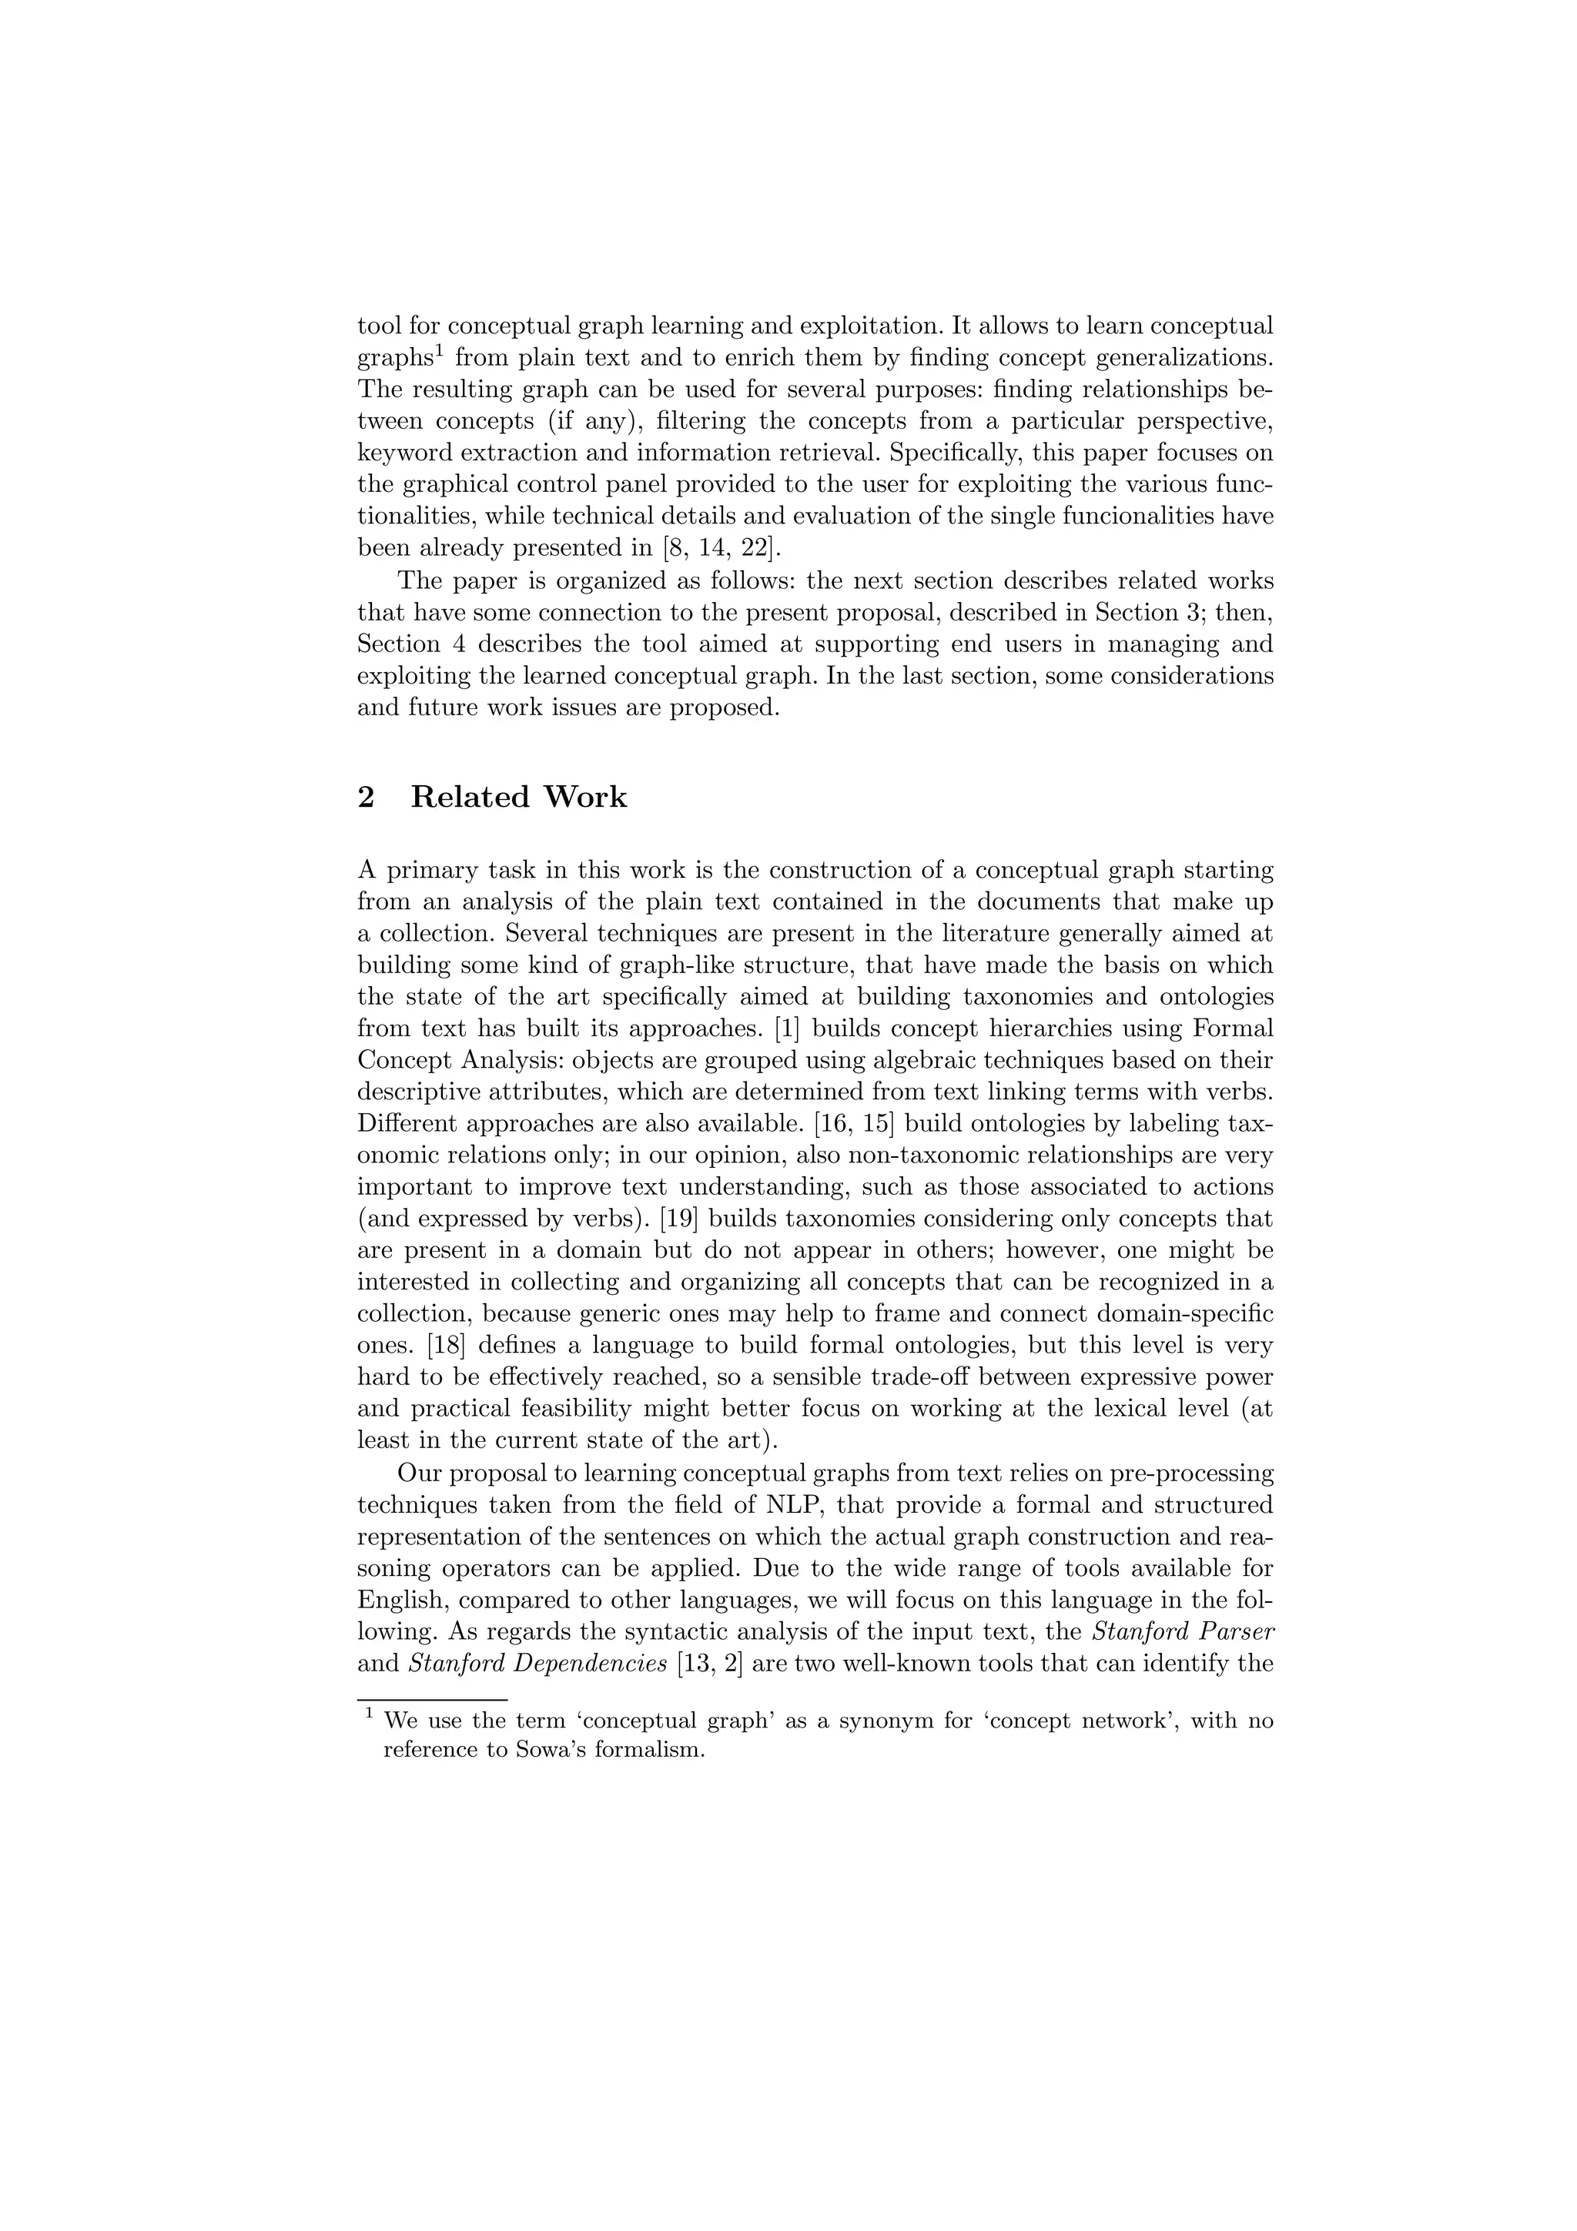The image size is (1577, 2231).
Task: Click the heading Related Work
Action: (x=518, y=798)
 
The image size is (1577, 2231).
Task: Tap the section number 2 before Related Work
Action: (x=367, y=798)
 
